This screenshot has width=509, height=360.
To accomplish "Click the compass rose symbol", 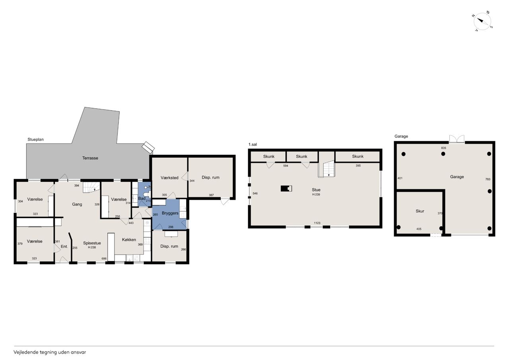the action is tap(482, 21).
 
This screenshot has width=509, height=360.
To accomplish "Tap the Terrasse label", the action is tap(90, 158).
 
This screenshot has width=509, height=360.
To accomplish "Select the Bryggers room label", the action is tap(170, 213).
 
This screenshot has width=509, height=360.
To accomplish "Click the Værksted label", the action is tap(169, 178).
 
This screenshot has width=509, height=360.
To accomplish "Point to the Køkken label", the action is tap(129, 239).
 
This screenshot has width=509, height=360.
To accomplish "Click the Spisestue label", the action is tap(92, 243).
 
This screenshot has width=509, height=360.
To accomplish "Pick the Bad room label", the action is tap(142, 198).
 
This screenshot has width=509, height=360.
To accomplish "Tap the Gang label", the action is tap(77, 204).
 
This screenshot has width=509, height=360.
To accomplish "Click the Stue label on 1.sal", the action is tap(316, 190).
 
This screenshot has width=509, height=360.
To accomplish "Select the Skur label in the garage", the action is tap(420, 211).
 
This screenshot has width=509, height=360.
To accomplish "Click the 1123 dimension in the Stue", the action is tap(317, 223).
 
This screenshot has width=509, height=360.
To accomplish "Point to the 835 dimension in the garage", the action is tap(443, 148).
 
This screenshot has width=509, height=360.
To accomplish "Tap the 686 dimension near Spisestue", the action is tap(104, 259).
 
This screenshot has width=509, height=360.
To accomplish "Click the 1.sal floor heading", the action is tap(253, 144).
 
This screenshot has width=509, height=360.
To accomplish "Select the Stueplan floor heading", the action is tap(35, 139).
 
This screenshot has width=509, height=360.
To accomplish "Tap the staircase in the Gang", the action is tap(91, 187).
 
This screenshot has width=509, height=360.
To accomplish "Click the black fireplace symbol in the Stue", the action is tap(286, 189).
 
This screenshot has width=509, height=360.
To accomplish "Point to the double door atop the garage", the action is tap(457, 139).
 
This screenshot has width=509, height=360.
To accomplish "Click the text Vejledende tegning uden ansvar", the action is tap(50, 352).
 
